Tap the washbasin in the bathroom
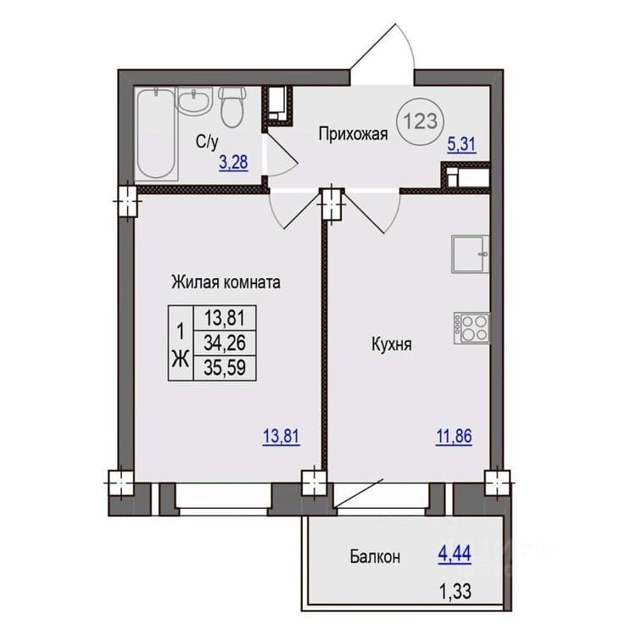tap(193, 102)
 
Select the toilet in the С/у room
tap(232, 107)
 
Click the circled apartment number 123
tap(421, 121)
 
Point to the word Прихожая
tap(353, 134)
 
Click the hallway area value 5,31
tap(461, 145)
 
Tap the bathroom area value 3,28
tap(233, 163)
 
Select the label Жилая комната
tap(226, 282)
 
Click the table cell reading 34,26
tap(225, 343)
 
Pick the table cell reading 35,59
tap(225, 368)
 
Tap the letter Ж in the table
tap(181, 360)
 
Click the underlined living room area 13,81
tap(281, 437)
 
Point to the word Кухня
tap(392, 345)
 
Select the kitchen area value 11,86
tap(454, 437)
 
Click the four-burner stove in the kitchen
tap(471, 328)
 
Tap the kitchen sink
tap(470, 254)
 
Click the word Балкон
tap(375, 556)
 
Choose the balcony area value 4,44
tap(455, 554)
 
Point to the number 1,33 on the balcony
tap(455, 592)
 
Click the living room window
tap(223, 499)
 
